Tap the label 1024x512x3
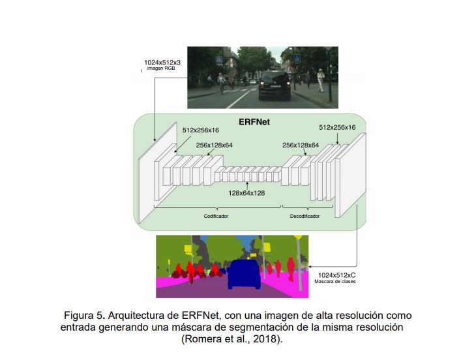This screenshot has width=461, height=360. [x=162, y=63]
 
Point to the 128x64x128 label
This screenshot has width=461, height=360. [x=246, y=192]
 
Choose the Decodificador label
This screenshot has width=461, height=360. [x=305, y=215]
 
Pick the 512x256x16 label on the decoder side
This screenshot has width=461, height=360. [x=337, y=127]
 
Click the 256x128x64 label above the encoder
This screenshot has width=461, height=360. [x=214, y=145]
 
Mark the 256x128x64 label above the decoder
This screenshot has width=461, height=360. [x=301, y=145]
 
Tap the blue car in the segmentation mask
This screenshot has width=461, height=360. [x=243, y=275]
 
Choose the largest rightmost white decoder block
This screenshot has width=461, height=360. [x=350, y=175]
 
